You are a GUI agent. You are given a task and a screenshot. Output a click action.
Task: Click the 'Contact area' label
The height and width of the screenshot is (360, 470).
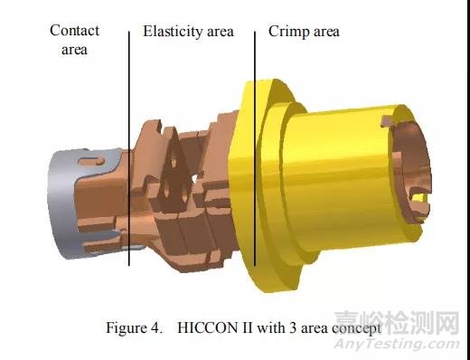[x=74, y=40]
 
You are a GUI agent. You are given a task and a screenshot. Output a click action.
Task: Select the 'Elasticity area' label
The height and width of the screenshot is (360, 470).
[x=188, y=32]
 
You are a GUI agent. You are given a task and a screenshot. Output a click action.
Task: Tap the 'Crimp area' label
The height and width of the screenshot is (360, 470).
[x=304, y=32]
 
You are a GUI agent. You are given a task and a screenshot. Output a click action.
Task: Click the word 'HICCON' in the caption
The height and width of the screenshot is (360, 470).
[x=207, y=327]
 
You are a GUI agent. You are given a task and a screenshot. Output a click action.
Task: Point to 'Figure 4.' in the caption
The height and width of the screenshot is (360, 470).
[x=134, y=327]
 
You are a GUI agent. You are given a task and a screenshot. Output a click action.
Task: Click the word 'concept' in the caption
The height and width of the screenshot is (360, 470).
[x=356, y=328]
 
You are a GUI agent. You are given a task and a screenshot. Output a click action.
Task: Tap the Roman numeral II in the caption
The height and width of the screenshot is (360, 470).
[x=247, y=327]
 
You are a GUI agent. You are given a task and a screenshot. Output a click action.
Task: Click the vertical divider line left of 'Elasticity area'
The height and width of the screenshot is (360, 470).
[x=129, y=148]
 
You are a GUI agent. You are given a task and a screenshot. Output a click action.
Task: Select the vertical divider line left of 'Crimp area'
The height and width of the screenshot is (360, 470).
[x=255, y=148]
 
